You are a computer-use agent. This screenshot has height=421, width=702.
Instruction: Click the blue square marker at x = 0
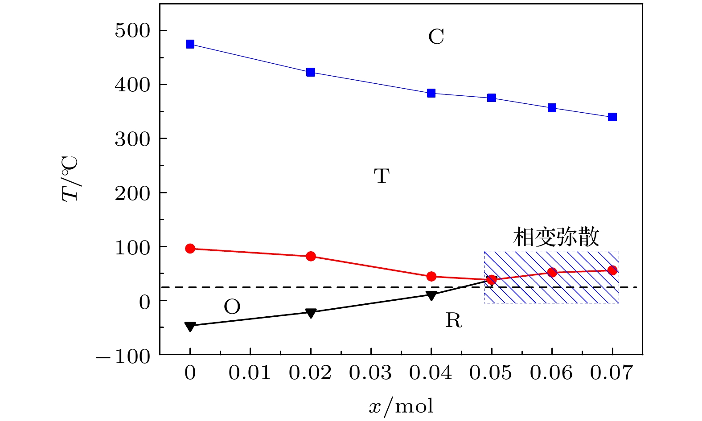190,44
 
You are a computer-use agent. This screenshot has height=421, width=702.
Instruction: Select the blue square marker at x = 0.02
311,72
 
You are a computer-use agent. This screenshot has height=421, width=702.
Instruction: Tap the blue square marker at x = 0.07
612,117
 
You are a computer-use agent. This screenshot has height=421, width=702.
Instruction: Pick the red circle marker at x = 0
190,249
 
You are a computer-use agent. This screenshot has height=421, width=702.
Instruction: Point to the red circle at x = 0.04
431,277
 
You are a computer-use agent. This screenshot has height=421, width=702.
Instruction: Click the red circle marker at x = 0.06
552,272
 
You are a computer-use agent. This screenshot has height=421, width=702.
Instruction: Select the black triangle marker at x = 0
190,327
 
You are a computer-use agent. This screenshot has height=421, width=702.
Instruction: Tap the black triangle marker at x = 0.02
311,313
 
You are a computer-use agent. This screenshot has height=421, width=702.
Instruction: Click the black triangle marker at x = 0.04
431,295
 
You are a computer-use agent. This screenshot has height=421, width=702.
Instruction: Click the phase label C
436,37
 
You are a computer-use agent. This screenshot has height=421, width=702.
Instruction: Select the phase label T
382,176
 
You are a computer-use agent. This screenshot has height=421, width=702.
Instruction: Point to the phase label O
232,307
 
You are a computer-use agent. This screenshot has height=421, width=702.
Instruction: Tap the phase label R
454,320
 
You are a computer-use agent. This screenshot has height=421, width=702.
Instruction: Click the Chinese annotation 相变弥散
556,237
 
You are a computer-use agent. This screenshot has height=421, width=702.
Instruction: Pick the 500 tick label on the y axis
133,31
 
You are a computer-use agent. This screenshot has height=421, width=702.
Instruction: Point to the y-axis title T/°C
70,178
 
